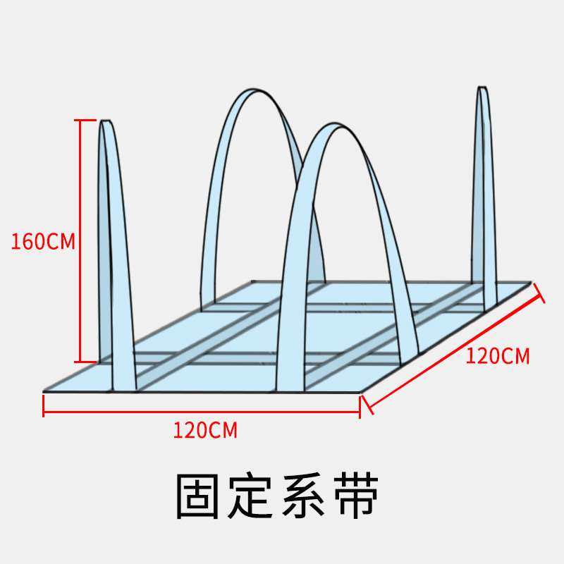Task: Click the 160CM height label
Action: pos(42,241)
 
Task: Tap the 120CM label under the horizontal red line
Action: pos(205,429)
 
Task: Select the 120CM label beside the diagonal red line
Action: pos(497,356)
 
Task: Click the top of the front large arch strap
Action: pos(329,127)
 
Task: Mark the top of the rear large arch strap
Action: pos(254,92)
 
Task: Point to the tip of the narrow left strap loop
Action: pos(106,122)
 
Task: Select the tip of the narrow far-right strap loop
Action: pos(482,88)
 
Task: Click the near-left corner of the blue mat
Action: pos(44,390)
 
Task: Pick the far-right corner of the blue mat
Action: pos(530,283)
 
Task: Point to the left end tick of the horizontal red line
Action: pos(44,406)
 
